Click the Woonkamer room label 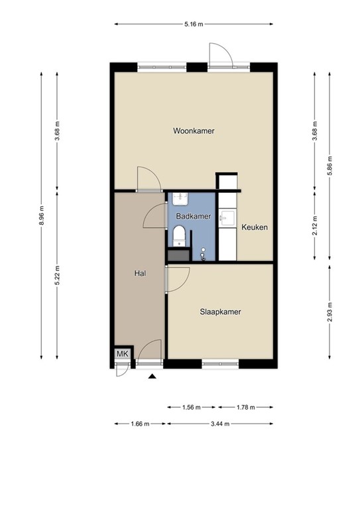[194, 131]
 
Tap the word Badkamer [193, 217]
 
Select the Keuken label [255, 227]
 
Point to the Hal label [140, 272]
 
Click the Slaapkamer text [220, 311]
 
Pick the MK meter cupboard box [121, 355]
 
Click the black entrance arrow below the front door [152, 376]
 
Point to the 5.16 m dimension [193, 24]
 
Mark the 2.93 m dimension [330, 311]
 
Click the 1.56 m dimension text [192, 408]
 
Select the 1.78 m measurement [246, 408]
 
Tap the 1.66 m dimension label [138, 424]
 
